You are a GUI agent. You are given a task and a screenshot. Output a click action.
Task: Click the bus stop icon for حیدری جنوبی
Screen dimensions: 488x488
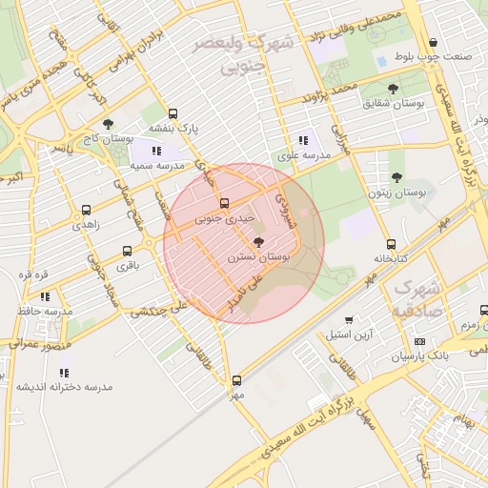point(224,203)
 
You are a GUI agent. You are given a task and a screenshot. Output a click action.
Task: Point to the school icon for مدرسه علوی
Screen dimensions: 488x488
point(304,141)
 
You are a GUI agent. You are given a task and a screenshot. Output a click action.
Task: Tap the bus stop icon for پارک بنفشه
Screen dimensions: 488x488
point(173,113)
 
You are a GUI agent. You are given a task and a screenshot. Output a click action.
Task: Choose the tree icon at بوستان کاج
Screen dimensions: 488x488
point(108,124)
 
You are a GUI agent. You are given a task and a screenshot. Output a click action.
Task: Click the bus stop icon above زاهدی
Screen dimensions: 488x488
point(87,211)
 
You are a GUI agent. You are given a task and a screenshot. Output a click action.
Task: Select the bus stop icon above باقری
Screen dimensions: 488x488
point(128,252)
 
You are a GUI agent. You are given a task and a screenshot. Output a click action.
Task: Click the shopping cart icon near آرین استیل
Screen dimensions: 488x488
point(349,320)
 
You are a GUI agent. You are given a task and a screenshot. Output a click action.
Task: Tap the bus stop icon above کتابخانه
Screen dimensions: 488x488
point(391,244)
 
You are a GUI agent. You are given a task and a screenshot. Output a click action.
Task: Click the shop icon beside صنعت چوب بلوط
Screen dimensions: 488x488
point(435,43)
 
